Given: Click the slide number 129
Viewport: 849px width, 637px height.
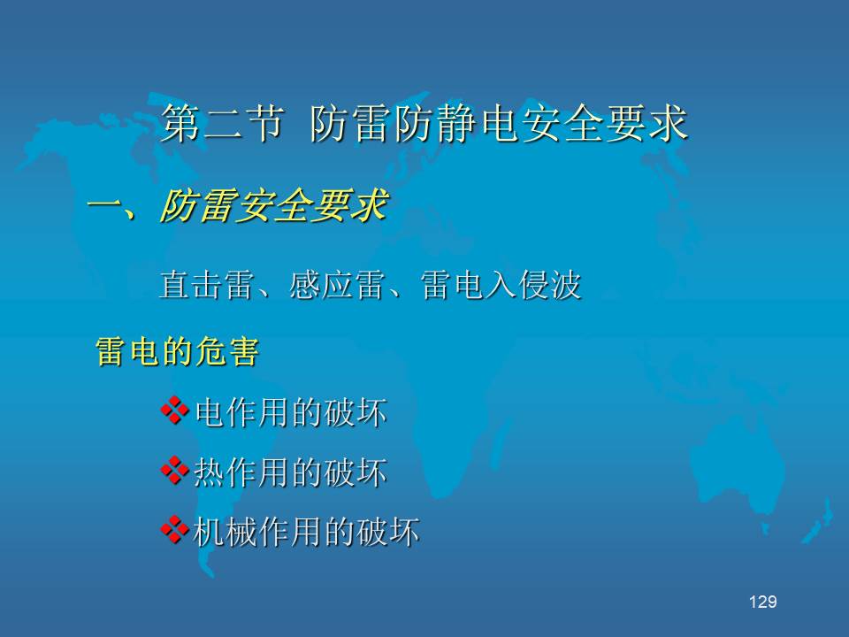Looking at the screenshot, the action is point(763,602).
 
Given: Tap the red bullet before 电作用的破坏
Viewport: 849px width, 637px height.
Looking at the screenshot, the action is point(175,411).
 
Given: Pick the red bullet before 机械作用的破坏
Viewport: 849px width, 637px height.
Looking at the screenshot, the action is point(175,530).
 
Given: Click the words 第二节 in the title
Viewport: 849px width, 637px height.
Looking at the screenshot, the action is point(223,123).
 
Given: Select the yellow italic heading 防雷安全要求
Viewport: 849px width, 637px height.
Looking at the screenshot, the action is point(274,206).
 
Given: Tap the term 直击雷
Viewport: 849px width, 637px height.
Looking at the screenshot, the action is point(207,285).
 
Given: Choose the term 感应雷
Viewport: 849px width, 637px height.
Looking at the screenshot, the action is point(338,285).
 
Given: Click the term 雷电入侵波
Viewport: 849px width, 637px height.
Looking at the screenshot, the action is point(501,285).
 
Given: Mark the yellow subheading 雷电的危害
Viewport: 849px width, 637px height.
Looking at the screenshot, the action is point(178,351).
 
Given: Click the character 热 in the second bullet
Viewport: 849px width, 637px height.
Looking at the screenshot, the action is point(209,472).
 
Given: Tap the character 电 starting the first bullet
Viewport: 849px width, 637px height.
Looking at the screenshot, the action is point(209,412).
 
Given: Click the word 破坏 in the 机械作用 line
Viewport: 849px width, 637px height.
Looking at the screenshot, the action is point(387,532).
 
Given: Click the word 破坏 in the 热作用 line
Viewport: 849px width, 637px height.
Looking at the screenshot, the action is point(356,472).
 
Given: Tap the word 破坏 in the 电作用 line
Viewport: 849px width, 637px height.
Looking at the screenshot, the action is point(356,412).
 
